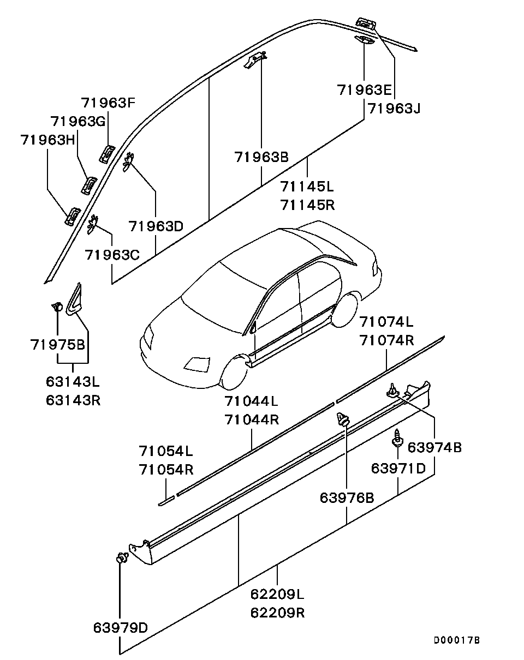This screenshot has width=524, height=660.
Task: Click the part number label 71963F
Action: click(108, 103)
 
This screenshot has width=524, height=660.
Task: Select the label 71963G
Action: click(77, 121)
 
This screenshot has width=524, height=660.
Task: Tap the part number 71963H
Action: click(47, 140)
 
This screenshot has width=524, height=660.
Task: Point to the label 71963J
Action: click(394, 108)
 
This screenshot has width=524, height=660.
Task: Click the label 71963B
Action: click(261, 157)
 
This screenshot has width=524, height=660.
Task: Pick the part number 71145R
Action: click(307, 205)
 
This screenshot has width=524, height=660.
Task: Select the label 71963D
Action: click(156, 225)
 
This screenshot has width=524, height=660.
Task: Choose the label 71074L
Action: click(386, 321)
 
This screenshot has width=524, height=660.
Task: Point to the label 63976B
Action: click(347, 497)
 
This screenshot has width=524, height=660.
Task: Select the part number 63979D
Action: click(120, 627)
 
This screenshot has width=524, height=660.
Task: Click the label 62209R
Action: click(277, 613)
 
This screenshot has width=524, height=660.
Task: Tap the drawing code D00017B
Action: click(457, 640)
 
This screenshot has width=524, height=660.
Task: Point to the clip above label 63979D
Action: click(121, 558)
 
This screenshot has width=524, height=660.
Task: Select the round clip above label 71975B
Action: click(57, 307)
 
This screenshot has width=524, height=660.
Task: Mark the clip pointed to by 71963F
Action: click(106, 153)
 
